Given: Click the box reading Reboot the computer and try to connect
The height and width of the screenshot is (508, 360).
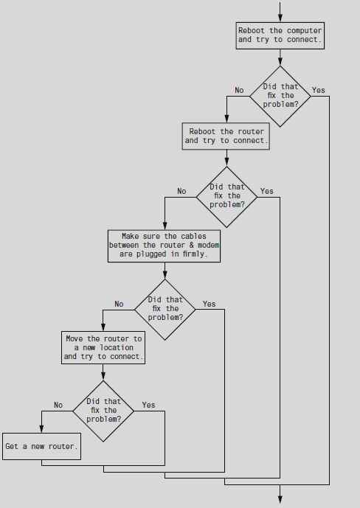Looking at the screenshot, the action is click(280, 35).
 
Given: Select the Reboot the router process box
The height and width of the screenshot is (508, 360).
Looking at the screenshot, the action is click(226, 136).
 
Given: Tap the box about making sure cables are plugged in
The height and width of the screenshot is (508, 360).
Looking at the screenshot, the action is click(164, 246).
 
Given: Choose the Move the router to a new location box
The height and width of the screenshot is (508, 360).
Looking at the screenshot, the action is click(103, 347).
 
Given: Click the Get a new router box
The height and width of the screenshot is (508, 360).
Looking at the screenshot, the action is click(41, 446).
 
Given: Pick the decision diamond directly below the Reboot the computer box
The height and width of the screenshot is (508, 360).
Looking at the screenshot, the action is click(280, 97).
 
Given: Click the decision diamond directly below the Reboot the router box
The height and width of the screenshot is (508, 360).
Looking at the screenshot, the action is click(226, 197).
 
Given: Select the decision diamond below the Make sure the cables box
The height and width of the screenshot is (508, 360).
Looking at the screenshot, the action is click(165, 310).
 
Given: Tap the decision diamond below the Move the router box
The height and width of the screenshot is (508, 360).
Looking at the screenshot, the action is click(103, 411).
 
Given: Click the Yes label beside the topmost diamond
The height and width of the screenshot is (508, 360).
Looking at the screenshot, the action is click(318, 90).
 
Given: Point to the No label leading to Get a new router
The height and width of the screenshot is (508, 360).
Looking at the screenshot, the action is click(58, 405).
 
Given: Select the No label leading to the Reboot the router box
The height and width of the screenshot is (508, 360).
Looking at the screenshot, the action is click(239, 90).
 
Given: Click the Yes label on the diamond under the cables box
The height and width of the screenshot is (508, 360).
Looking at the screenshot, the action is click(209, 304).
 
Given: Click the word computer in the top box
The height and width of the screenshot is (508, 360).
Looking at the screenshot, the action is click(304, 30).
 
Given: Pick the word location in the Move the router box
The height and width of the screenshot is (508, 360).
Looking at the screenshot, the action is click(117, 347).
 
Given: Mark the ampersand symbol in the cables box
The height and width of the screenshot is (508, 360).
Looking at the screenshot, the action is click(192, 245).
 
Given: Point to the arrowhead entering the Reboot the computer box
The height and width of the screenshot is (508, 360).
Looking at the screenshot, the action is click(280, 18).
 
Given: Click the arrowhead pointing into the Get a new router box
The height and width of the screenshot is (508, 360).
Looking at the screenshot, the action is click(41, 428).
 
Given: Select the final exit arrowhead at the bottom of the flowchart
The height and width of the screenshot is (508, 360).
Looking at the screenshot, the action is click(280, 499).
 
